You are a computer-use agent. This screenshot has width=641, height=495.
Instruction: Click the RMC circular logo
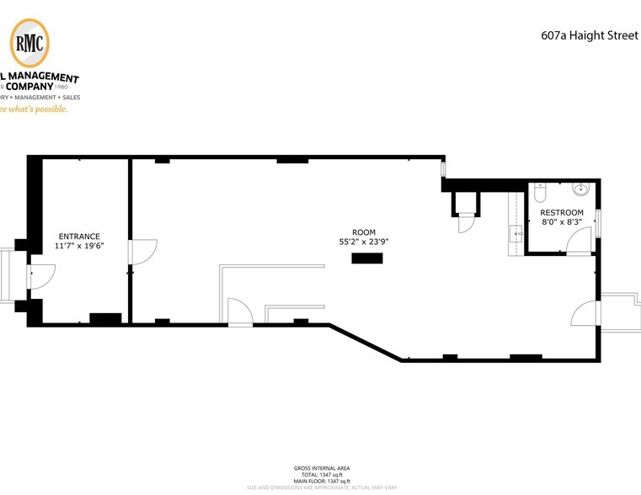pos(29,42)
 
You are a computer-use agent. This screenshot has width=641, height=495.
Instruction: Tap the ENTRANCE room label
pos(79,237)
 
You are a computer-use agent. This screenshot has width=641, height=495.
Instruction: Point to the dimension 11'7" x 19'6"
pos(79,246)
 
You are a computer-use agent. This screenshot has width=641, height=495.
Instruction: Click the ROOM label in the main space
pos(363,232)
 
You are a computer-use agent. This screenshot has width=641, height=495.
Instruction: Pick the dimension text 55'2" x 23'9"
pos(363,242)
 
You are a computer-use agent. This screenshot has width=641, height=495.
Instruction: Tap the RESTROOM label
pos(562,213)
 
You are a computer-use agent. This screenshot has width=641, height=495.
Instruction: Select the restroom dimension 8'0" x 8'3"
pos(562,223)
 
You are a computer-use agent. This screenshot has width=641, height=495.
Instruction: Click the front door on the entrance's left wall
pos(40,274)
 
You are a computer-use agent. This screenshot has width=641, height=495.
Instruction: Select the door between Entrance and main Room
pos(142,251)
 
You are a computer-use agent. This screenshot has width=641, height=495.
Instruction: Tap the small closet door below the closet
pos(465,223)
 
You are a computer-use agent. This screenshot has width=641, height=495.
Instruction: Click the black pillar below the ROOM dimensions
pos(366,259)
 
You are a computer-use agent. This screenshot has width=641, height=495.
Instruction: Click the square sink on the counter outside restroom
pos(515,232)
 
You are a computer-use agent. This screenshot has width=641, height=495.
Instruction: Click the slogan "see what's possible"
pos(34,109)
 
